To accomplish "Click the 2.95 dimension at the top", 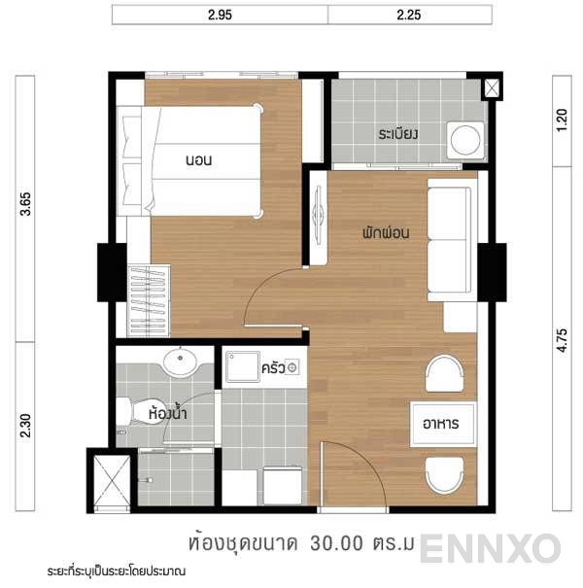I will click(x=220, y=16).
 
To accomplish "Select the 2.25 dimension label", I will click(x=409, y=16).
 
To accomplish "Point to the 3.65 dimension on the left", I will click(x=26, y=208).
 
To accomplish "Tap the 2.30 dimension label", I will click(x=26, y=425).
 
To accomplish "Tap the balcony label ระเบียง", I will click(x=398, y=133).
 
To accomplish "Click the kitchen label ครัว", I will click(x=272, y=369).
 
